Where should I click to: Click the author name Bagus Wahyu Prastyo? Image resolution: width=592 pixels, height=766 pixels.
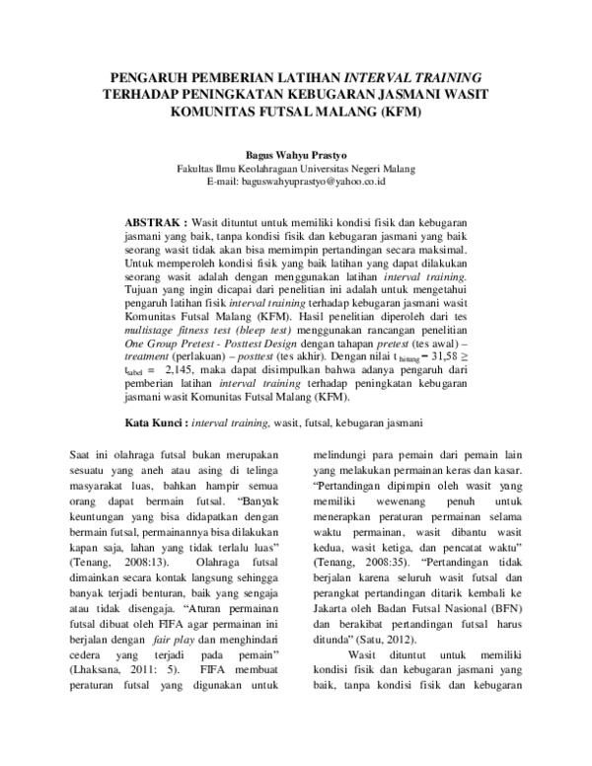coord(295,155)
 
